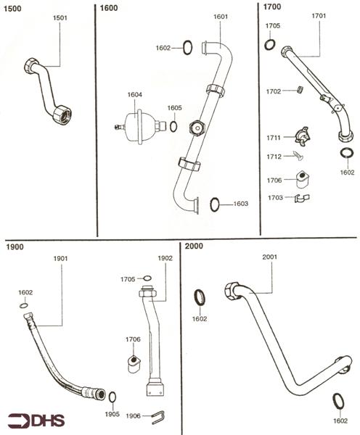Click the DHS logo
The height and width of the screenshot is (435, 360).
(34, 420)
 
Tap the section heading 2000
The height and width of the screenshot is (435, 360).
(194, 246)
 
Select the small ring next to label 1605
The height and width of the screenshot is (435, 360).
(173, 127)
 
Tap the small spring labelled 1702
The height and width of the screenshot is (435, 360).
(297, 91)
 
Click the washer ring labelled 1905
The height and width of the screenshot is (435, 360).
(112, 397)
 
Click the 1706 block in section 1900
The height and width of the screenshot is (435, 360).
(133, 362)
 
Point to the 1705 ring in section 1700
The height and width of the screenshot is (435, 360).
(270, 45)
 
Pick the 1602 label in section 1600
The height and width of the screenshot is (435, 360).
(165, 48)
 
